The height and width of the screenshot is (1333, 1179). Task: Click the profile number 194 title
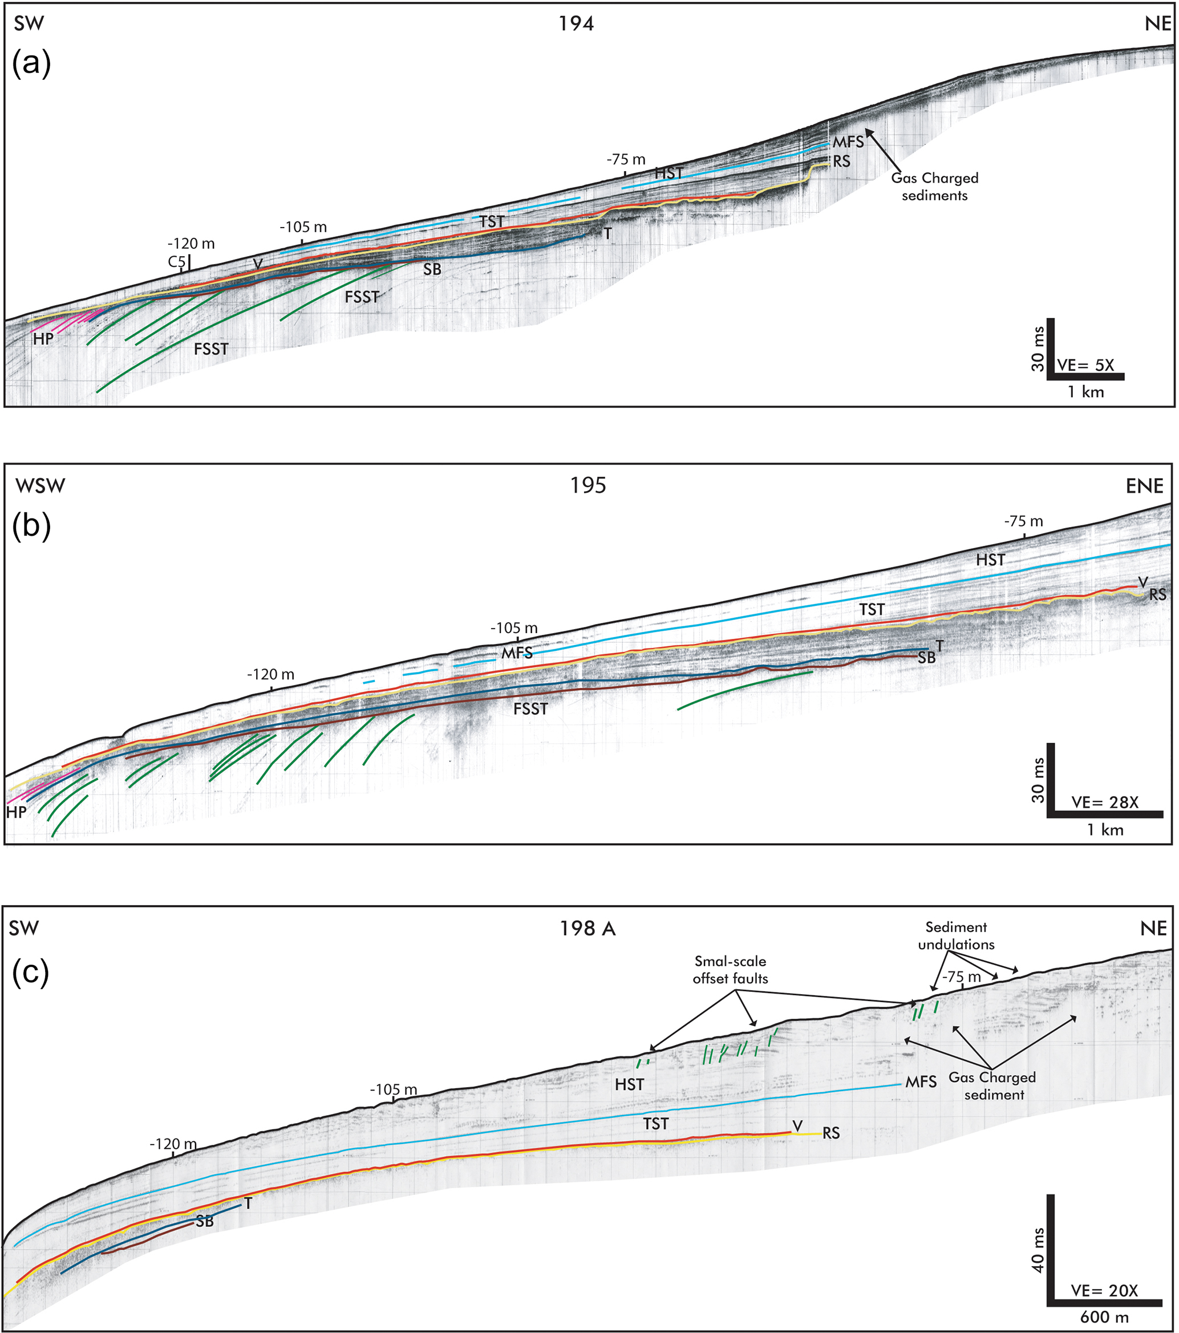[x=577, y=24]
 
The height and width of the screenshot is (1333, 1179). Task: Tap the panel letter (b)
[x=31, y=526]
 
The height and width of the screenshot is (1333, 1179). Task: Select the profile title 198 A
[x=588, y=928]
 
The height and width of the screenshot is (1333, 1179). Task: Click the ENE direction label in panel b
[x=1144, y=486]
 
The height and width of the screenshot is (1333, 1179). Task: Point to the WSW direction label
[x=40, y=486]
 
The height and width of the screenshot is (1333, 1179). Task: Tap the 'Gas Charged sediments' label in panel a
[x=934, y=187]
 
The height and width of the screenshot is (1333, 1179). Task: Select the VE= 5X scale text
[x=1086, y=365]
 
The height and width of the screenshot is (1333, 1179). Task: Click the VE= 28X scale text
[x=1105, y=802]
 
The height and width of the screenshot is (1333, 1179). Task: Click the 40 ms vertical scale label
[x=1038, y=1250]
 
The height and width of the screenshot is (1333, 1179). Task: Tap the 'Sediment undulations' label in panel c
[x=956, y=935]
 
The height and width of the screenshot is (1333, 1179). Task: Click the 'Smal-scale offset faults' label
[x=730, y=969]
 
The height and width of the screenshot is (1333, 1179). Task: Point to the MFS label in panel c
[x=921, y=1082]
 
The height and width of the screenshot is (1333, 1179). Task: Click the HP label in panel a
[x=43, y=339]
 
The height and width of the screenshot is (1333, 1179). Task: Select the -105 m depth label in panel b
[x=514, y=628]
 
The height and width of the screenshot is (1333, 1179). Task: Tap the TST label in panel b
[x=872, y=610]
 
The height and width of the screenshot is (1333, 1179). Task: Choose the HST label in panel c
[x=629, y=1084]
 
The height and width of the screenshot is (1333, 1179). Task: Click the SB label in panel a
[x=432, y=269]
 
